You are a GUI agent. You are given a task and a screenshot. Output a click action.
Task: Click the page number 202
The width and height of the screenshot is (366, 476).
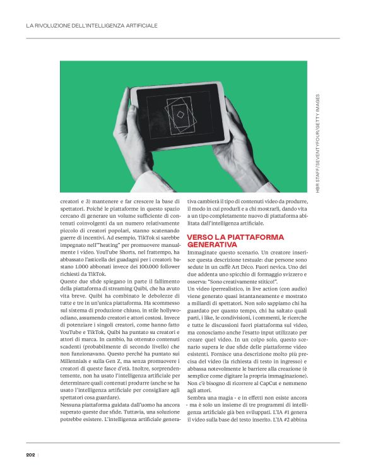tap(30, 454)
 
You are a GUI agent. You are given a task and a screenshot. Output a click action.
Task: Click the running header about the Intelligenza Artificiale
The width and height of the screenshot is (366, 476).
tap(91, 26)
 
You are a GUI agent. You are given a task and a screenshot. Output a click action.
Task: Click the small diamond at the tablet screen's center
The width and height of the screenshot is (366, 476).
tap(180, 114)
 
